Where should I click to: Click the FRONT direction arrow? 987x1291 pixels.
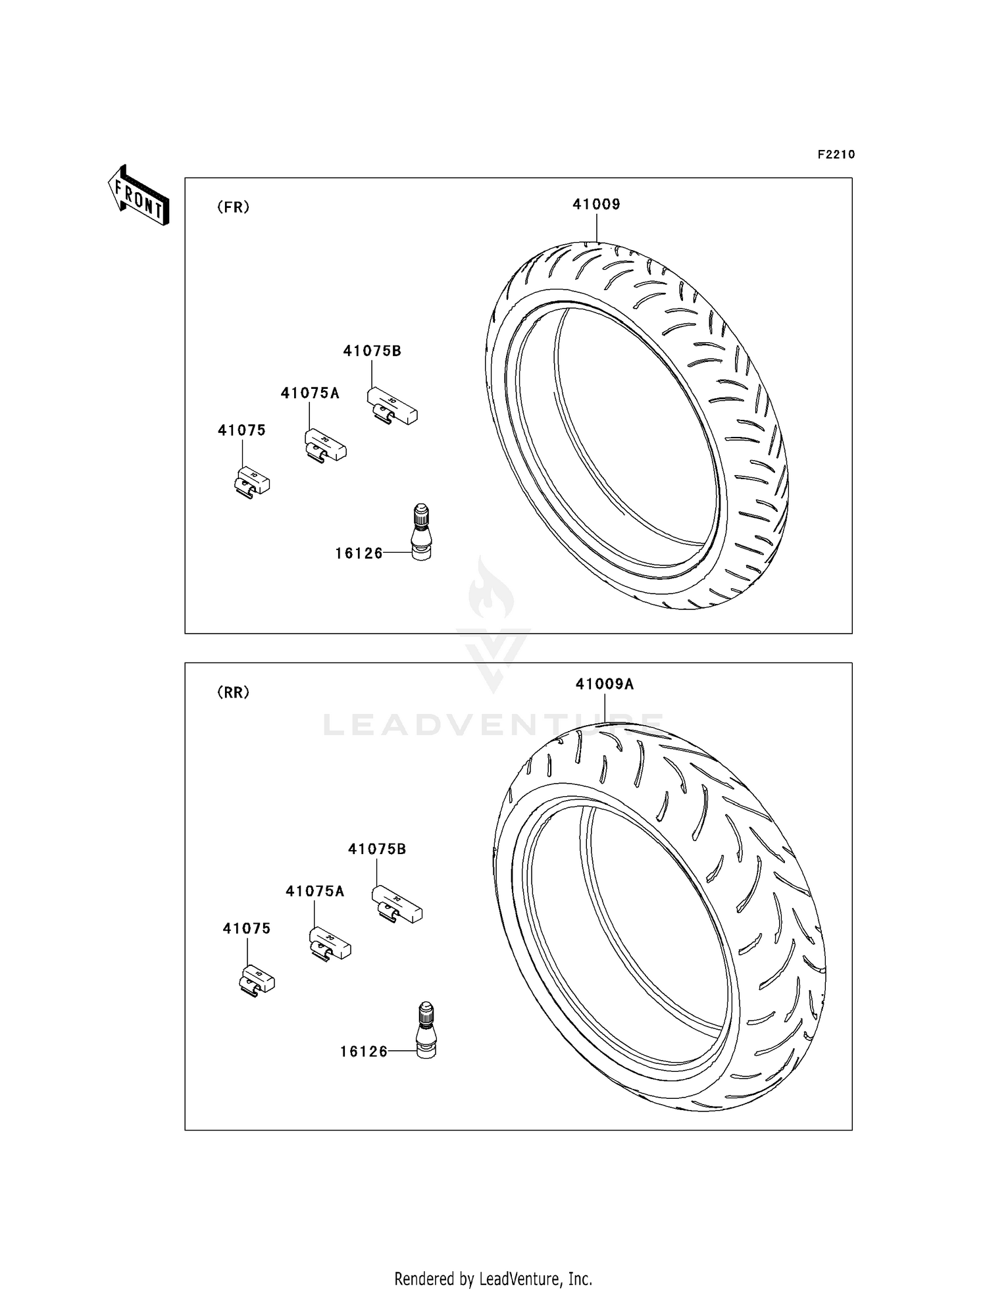tap(139, 196)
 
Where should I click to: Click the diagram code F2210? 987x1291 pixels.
tap(836, 155)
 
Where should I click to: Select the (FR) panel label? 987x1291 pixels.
tap(233, 207)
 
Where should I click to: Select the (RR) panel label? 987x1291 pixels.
tap(233, 692)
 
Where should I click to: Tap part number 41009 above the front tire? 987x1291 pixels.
tap(596, 205)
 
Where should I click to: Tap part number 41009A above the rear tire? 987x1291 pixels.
tap(604, 684)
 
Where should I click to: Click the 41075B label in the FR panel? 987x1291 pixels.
tap(372, 351)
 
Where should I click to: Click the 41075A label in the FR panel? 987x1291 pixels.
tap(310, 393)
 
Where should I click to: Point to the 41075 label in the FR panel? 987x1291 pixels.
tap(241, 430)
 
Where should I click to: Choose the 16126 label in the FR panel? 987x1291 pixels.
tap(359, 553)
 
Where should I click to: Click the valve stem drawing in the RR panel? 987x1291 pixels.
tap(426, 1030)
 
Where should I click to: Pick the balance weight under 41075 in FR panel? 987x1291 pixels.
tap(252, 482)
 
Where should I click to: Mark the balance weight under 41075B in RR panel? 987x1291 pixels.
tap(397, 904)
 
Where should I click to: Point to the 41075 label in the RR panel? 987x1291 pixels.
tap(246, 928)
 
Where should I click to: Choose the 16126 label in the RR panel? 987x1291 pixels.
tap(363, 1051)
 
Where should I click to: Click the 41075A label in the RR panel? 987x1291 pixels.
tap(315, 892)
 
